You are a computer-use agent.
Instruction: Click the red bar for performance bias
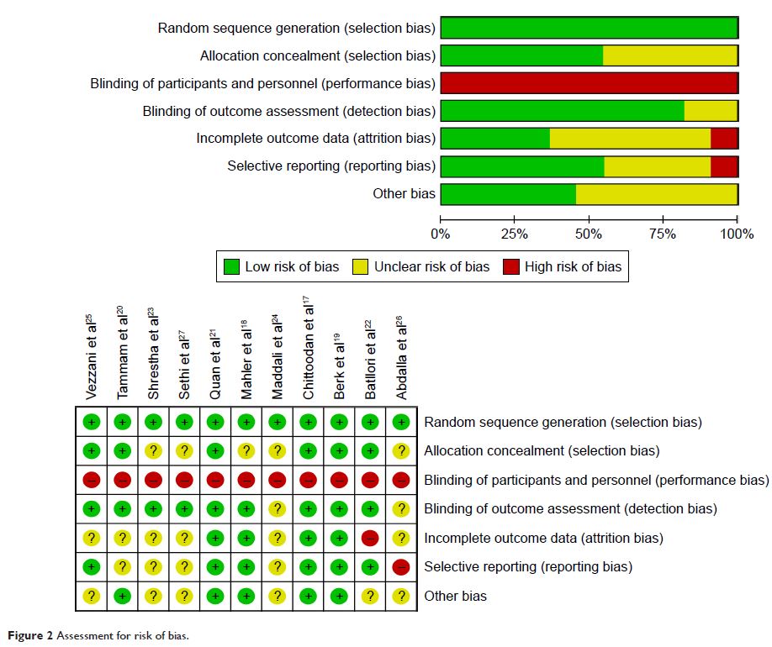pyautogui.click(x=589, y=83)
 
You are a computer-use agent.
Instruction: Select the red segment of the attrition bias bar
pyautogui.click(x=724, y=139)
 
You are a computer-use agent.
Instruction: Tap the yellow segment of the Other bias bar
pyautogui.click(x=657, y=194)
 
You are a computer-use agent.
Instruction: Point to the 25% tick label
pyautogui.click(x=514, y=234)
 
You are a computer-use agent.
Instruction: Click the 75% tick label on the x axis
pyautogui.click(x=663, y=234)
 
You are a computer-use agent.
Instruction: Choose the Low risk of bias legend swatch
pyautogui.click(x=231, y=267)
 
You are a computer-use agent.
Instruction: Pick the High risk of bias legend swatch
pyautogui.click(x=510, y=267)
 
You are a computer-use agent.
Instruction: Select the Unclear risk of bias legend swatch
pyautogui.click(x=360, y=267)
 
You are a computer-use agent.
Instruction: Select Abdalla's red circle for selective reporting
pyautogui.click(x=401, y=567)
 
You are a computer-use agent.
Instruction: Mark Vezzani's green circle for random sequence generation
pyautogui.click(x=92, y=422)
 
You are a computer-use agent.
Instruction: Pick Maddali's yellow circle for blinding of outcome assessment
pyautogui.click(x=277, y=508)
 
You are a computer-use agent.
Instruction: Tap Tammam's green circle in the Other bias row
pyautogui.click(x=123, y=597)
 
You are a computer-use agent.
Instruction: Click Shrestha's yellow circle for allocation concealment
pyautogui.click(x=154, y=451)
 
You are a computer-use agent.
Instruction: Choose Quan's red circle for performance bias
pyautogui.click(x=215, y=480)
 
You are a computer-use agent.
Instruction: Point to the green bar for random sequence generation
pyautogui.click(x=589, y=28)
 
